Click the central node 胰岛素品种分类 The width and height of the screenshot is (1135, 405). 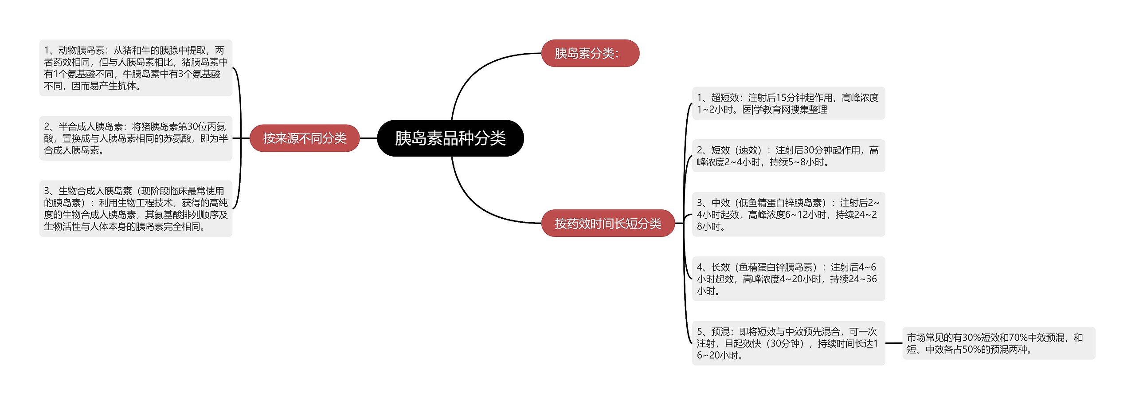pyautogui.click(x=450, y=138)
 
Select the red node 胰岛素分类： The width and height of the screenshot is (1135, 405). pyautogui.click(x=590, y=53)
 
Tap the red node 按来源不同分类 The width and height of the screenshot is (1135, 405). pyautogui.click(x=304, y=138)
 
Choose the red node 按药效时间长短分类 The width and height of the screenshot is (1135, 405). pyautogui.click(x=607, y=223)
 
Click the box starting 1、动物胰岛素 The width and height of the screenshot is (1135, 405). pyautogui.click(x=136, y=68)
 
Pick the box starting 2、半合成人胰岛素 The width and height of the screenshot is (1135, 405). pyautogui.click(x=136, y=138)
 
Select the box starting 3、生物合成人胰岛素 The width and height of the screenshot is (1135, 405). pyautogui.click(x=136, y=208)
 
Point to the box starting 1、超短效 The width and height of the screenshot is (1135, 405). pyautogui.click(x=788, y=103)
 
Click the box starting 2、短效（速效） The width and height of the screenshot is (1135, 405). pyautogui.click(x=788, y=156)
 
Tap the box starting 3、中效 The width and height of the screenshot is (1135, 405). pyautogui.click(x=788, y=214)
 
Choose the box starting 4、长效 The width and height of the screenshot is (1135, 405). pyautogui.click(x=788, y=279)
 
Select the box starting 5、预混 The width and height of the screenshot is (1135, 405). pyautogui.click(x=788, y=343)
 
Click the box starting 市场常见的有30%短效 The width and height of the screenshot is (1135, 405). pyautogui.click(x=998, y=343)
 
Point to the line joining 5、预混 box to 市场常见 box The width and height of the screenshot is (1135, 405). pyautogui.click(x=893, y=343)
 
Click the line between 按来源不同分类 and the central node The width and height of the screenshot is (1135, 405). pyautogui.click(x=368, y=138)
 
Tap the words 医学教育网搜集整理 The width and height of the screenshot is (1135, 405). pyautogui.click(x=785, y=110)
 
